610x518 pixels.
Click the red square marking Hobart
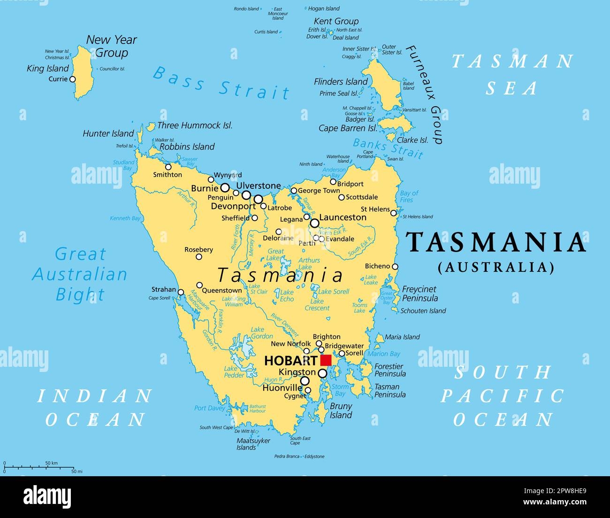point(326,360)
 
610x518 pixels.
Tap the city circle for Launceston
point(314,223)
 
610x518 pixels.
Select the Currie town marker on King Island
point(72,79)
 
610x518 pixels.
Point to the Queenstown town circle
point(199,285)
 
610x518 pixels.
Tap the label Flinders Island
point(341,82)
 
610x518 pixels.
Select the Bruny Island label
point(341,410)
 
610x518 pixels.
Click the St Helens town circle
point(394,213)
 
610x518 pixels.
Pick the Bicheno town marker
point(395,267)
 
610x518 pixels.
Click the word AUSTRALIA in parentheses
point(496,267)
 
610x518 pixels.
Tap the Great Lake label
point(275,255)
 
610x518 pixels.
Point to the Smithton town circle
point(168,167)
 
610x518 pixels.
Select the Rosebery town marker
point(199,257)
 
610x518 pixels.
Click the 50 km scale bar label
point(51,463)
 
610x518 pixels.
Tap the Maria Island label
point(402,337)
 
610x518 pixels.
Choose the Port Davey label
point(209,408)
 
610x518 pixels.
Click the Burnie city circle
point(225,188)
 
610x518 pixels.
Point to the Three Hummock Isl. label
point(195,125)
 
